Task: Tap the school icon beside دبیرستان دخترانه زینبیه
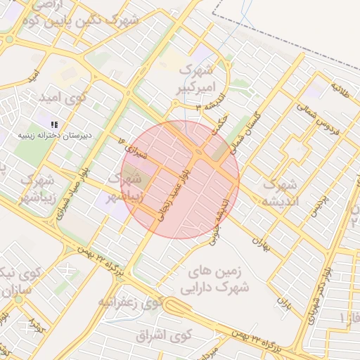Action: [55, 124]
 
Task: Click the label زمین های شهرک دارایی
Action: [219, 278]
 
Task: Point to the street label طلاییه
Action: [340, 91]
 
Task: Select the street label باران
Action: [284, 304]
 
